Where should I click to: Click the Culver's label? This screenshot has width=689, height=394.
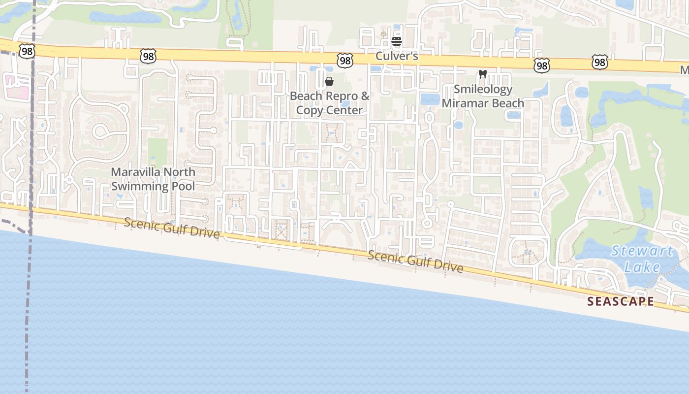(x=397, y=56)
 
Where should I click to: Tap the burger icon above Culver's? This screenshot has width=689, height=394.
(x=397, y=41)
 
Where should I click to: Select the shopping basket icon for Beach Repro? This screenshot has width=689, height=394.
(x=329, y=81)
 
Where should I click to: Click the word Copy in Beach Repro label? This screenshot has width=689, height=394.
(x=310, y=110)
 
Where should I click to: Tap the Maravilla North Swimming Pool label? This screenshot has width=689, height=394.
(x=153, y=179)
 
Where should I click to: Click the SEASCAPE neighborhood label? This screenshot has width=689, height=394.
(x=621, y=301)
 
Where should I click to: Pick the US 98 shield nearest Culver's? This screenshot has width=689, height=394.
(x=345, y=61)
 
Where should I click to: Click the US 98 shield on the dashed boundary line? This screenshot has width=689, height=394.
(x=27, y=51)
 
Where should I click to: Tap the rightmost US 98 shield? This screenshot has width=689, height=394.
(x=599, y=62)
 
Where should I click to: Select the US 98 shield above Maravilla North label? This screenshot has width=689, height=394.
(x=148, y=56)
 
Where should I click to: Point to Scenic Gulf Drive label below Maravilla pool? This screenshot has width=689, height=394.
(x=171, y=228)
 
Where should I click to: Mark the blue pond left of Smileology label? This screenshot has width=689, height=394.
(x=429, y=99)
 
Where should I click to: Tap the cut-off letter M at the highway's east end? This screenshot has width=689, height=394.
(x=685, y=71)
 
